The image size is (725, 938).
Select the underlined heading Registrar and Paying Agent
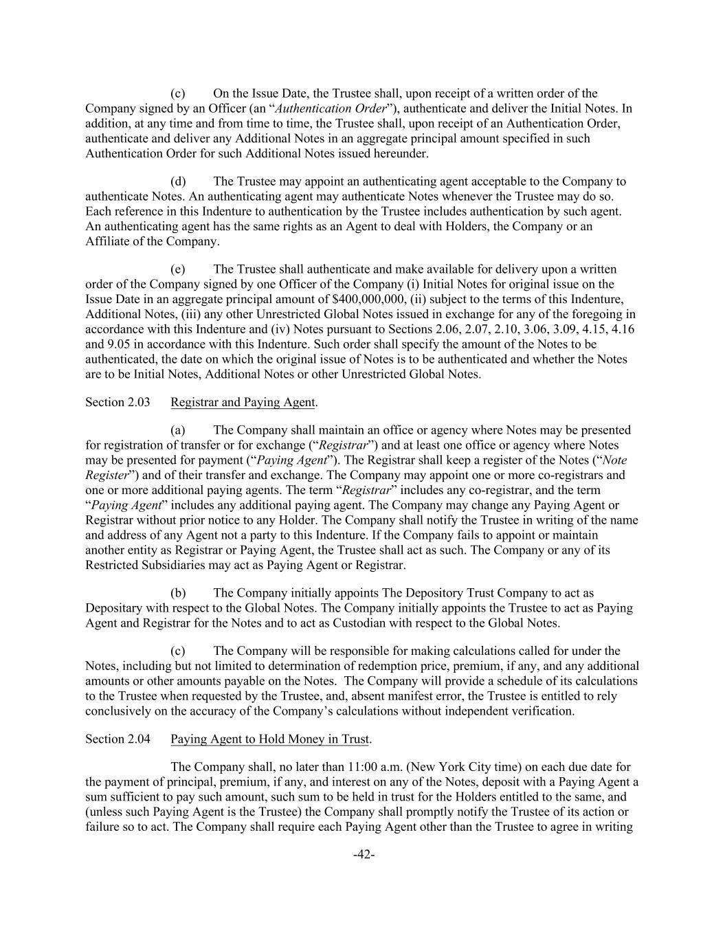click(243, 402)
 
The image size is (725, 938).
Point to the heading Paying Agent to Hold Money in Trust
click(270, 739)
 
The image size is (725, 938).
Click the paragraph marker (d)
click(179, 181)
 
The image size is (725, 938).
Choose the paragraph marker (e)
click(179, 269)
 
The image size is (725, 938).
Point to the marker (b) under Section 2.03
click(179, 593)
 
